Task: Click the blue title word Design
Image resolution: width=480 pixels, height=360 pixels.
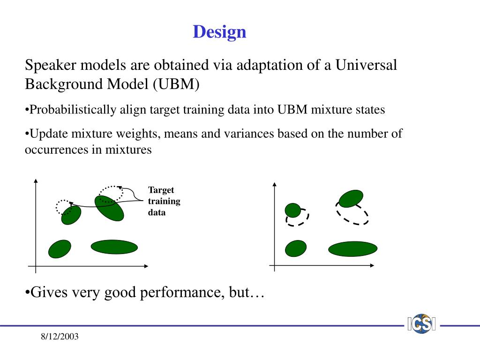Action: (x=219, y=32)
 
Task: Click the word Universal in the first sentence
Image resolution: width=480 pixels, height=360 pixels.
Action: (x=366, y=65)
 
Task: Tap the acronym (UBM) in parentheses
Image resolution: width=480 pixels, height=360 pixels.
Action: (x=176, y=84)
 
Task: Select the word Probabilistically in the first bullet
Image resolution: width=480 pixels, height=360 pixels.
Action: (x=73, y=110)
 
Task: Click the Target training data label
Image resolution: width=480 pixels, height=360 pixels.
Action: (x=164, y=201)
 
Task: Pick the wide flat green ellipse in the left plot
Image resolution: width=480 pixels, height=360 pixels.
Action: (x=114, y=247)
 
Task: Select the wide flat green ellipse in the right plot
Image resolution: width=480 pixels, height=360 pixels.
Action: (x=352, y=248)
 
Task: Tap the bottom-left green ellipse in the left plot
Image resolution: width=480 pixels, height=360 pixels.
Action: (x=60, y=249)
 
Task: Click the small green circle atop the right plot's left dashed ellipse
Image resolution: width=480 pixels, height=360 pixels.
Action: (x=293, y=210)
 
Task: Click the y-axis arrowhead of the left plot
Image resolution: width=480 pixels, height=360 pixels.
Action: (x=36, y=181)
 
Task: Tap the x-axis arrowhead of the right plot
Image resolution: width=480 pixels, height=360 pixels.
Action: (x=372, y=265)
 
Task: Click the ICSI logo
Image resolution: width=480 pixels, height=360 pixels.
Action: (x=421, y=323)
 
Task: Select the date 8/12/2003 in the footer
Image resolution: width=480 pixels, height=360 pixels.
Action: (x=60, y=337)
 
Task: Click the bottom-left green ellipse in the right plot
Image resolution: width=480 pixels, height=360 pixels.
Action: (x=296, y=248)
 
